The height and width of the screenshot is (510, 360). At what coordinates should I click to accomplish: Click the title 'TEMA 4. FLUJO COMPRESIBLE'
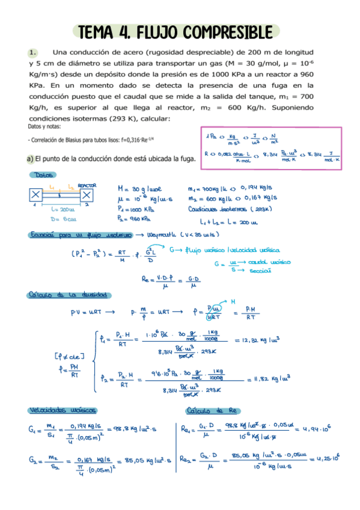pyautogui.click(x=175, y=31)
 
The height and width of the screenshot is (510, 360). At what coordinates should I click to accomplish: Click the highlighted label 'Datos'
pyautogui.click(x=41, y=175)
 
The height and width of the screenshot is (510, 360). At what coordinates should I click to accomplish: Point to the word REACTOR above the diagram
pyautogui.click(x=87, y=186)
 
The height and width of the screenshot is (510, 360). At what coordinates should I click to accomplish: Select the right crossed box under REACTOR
pyautogui.click(x=87, y=195)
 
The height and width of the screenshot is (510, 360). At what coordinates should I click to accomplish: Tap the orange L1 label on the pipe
pyautogui.click(x=52, y=188)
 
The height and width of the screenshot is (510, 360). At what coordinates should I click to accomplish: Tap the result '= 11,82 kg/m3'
pyautogui.click(x=269, y=379)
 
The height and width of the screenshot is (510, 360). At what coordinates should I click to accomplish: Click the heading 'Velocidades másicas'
pyautogui.click(x=63, y=410)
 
